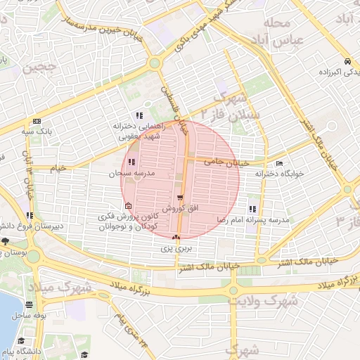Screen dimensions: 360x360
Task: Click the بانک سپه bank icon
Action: tap(37, 121)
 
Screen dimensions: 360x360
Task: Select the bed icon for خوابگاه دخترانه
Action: tap(280, 164)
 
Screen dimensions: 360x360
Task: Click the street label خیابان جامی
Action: tap(223, 161)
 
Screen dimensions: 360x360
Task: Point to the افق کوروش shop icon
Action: tap(181, 198)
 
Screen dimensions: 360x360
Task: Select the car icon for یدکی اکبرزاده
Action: tap(348, 61)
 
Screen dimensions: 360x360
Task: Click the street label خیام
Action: tap(58, 168)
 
